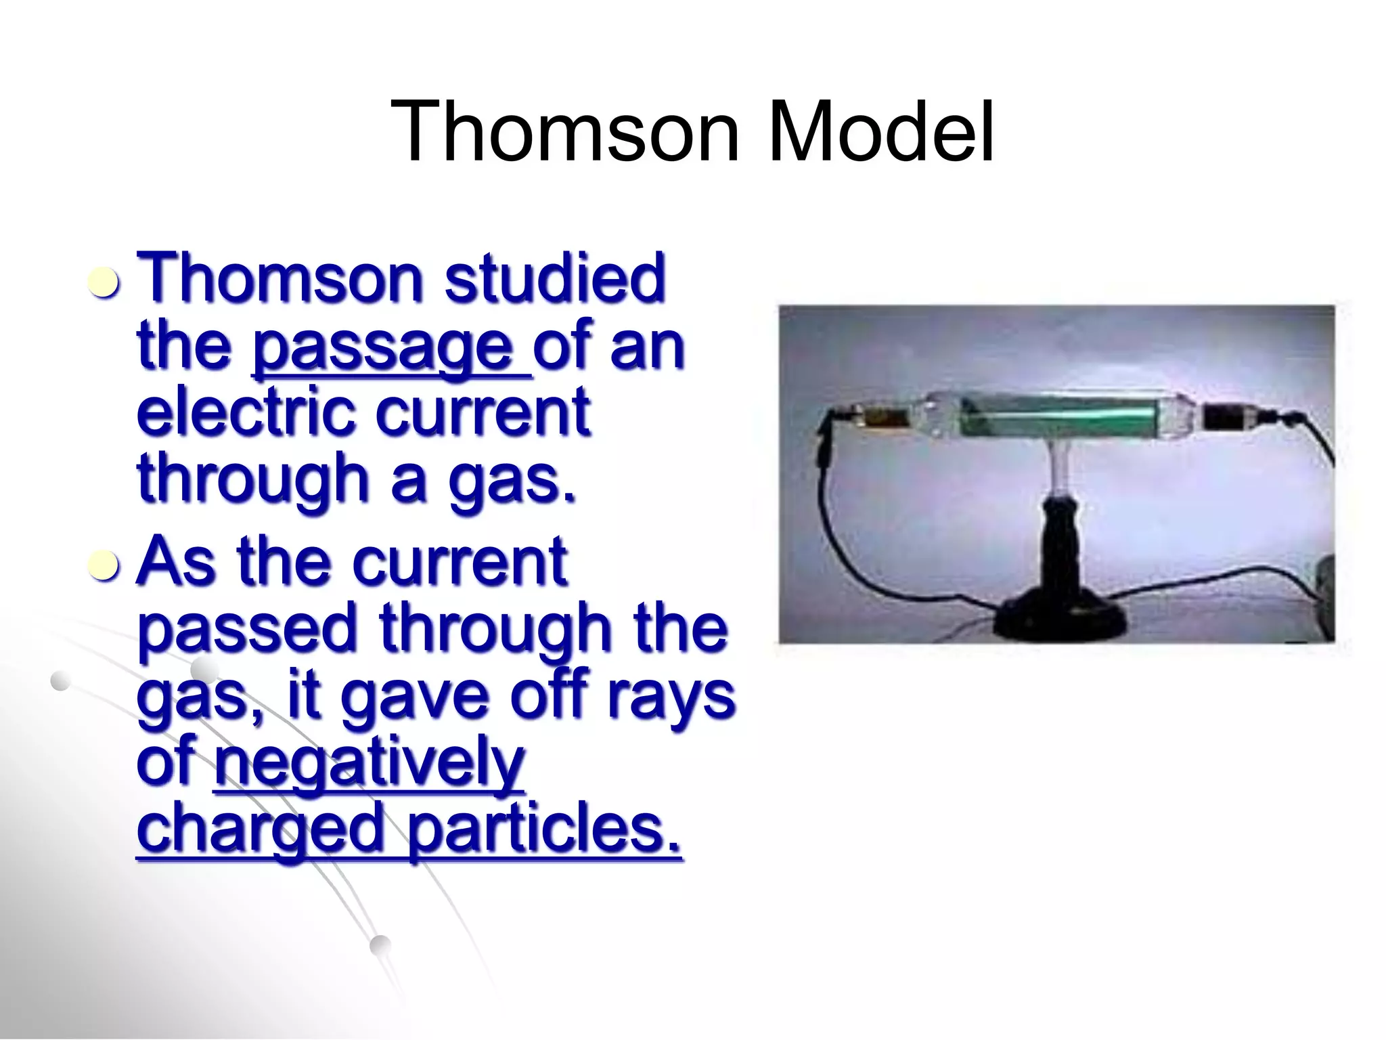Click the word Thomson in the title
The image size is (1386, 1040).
coord(564,131)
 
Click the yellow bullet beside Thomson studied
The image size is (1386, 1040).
coord(105,283)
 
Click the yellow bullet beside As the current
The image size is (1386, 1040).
coord(105,565)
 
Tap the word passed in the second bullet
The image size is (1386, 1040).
coord(248,630)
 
